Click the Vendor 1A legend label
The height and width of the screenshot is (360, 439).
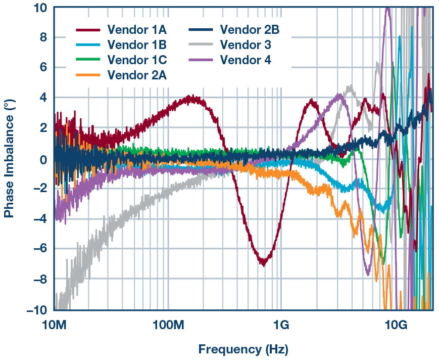[x=137, y=30]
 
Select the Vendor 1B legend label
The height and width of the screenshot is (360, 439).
[x=137, y=45]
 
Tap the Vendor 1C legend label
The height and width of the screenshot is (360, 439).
[x=137, y=60]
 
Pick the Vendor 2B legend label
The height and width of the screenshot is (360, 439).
[x=250, y=30]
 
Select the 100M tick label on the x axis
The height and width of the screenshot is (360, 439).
[x=167, y=323]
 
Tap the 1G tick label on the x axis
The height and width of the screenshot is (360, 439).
[x=281, y=323]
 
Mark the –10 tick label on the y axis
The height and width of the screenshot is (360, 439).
[x=38, y=309]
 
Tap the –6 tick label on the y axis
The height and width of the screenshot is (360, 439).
[x=40, y=249]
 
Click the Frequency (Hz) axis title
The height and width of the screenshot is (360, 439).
[x=243, y=349]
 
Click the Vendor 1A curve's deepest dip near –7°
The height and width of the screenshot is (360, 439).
[x=263, y=263]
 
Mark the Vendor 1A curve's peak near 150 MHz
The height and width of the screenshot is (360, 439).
[x=189, y=97]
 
